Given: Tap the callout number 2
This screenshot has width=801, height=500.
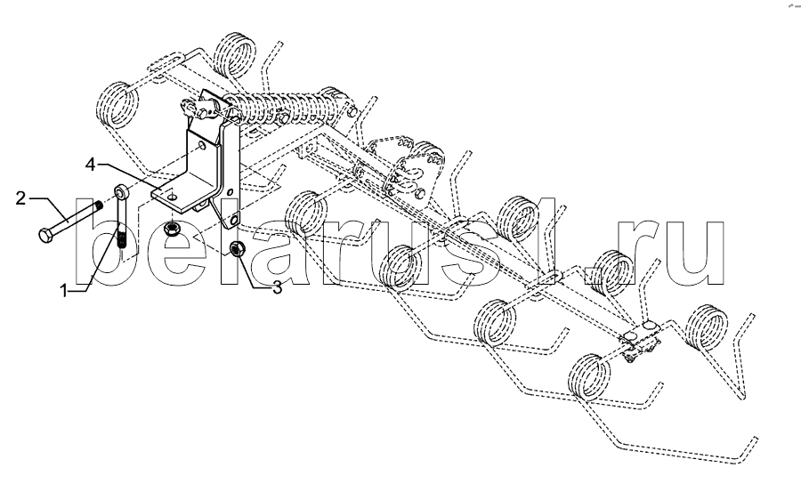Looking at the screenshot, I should coord(20,198).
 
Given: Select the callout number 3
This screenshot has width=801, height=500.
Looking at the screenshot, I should coord(277,287).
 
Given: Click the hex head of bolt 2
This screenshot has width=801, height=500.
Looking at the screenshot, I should coord(45,237).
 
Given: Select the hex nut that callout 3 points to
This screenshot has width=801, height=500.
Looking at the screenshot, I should coord(238,247).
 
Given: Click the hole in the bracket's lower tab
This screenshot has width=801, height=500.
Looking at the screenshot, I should coord(234,219).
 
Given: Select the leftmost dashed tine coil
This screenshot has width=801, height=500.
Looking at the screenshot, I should coord(118,102).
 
